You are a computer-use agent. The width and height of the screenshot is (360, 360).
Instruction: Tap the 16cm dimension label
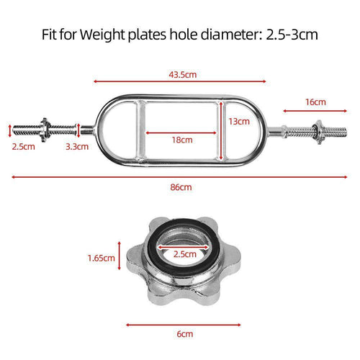315,102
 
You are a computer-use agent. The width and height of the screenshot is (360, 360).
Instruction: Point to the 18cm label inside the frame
182,140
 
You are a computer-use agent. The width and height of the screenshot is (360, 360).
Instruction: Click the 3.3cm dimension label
75,146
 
